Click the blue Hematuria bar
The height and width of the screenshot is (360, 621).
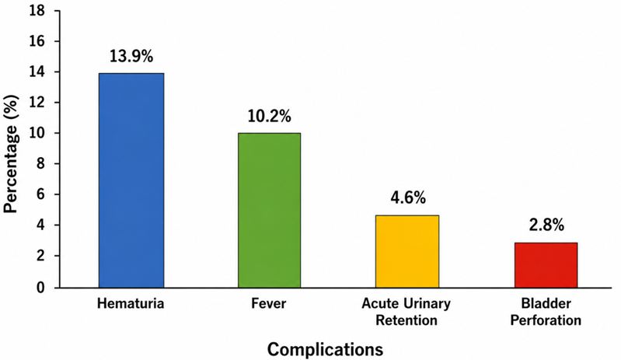131,180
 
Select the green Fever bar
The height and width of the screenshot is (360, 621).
270,210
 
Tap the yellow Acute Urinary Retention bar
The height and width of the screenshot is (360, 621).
407,251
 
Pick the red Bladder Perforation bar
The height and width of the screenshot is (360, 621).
546,265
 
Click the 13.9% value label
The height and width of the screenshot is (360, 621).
131,57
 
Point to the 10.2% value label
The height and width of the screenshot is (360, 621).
270,117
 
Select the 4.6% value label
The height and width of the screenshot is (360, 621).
408,197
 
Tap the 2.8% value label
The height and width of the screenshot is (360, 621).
546,225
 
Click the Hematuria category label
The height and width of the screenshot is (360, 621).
131,304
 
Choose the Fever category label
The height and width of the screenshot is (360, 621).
268,304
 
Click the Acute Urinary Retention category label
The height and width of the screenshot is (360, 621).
406,312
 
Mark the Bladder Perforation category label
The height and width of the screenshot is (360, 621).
546,312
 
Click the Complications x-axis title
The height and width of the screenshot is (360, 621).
325,349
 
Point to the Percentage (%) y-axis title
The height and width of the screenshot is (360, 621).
11,154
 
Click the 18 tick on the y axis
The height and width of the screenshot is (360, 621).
37,11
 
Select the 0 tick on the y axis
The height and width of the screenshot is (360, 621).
40,287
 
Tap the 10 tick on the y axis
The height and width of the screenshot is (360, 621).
37,133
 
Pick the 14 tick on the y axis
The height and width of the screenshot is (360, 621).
37,72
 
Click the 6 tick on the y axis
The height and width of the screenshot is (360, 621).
40,194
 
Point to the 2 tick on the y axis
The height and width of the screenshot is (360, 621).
40,256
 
